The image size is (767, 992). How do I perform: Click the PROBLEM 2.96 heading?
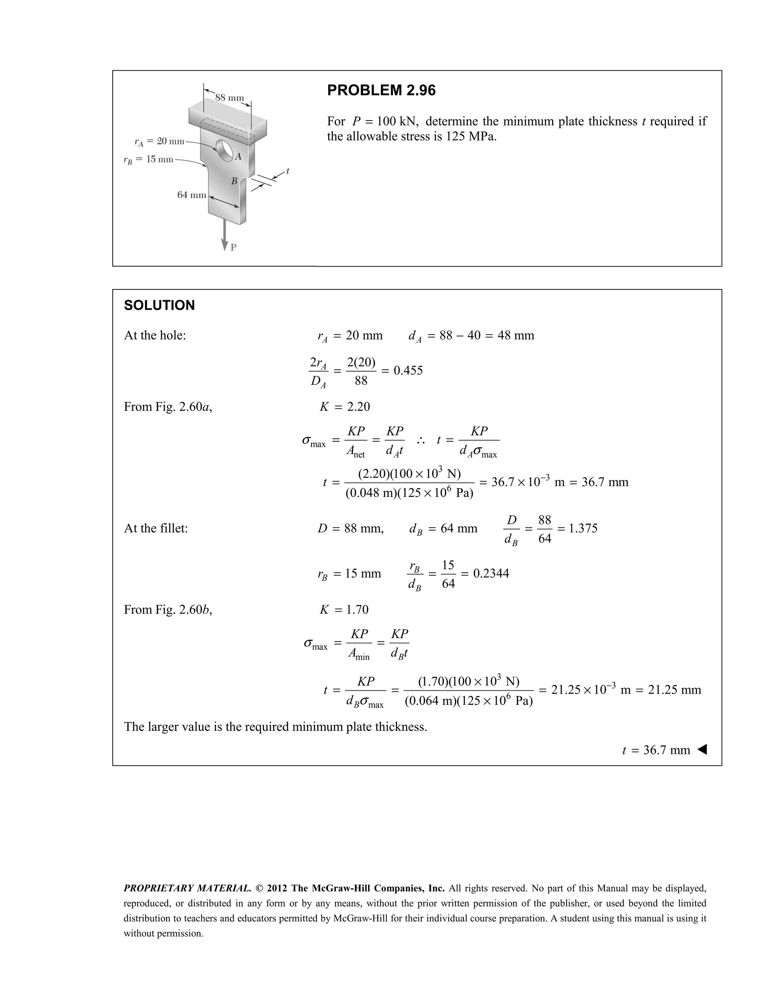tap(381, 90)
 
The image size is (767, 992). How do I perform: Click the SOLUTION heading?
tap(159, 305)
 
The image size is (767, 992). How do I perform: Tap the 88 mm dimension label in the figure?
tap(230, 98)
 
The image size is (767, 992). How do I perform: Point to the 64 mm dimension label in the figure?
tap(191, 195)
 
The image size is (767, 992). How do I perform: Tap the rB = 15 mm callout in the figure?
tap(149, 159)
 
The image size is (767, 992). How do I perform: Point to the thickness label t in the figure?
tap(288, 171)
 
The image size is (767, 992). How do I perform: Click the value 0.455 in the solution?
tap(408, 371)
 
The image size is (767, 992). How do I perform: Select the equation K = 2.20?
tap(345, 407)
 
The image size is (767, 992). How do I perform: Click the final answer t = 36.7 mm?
tap(656, 750)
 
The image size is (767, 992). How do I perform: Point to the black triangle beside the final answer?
tap(702, 749)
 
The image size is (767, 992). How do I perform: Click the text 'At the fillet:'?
tap(156, 528)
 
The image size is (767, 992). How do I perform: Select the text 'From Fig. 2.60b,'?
tap(168, 609)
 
